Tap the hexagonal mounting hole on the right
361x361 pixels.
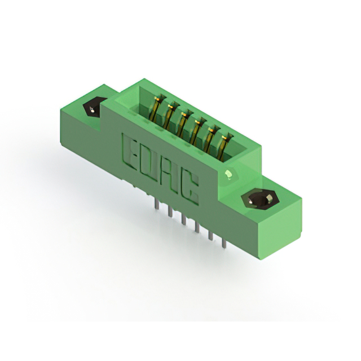pos(260,199)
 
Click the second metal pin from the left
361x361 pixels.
pos(170,211)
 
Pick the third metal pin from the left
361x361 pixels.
pos(183,218)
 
